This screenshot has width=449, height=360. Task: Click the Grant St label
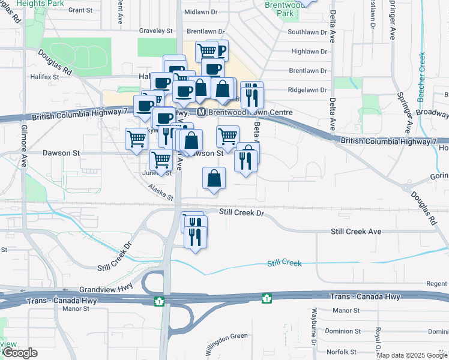(x=80, y=10)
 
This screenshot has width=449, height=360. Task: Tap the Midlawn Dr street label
(x=203, y=12)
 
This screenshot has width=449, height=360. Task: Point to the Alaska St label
(x=161, y=193)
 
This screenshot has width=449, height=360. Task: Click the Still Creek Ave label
(x=356, y=232)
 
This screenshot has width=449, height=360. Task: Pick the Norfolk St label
(x=342, y=352)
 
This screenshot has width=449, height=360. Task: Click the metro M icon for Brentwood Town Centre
(x=202, y=113)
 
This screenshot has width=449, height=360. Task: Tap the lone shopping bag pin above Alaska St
(x=214, y=179)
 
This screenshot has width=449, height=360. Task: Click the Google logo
(x=20, y=353)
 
